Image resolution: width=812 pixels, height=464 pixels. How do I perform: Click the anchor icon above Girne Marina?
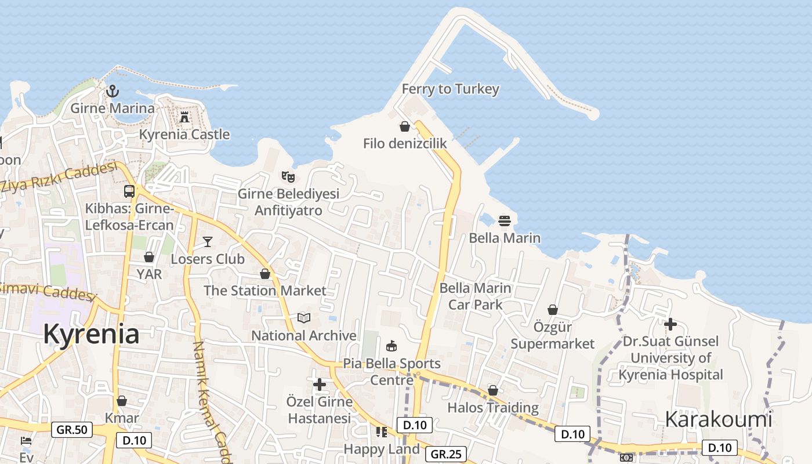click(x=113, y=90)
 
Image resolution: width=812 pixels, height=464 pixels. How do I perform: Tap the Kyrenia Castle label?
click(x=184, y=135)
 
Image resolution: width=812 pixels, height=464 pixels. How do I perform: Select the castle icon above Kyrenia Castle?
click(x=184, y=117)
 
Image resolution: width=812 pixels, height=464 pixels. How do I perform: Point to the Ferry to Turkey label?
click(x=450, y=89)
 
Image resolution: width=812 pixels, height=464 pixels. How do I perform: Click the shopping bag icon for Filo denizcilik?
click(x=405, y=126)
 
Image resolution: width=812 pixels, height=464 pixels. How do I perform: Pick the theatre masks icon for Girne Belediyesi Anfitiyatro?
click(x=288, y=176)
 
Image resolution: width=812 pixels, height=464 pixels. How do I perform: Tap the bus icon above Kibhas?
click(x=129, y=191)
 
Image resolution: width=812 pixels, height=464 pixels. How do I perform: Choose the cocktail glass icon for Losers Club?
click(x=208, y=241)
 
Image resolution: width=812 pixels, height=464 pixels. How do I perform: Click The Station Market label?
click(x=265, y=291)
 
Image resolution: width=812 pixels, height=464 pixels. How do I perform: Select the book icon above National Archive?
click(x=304, y=318)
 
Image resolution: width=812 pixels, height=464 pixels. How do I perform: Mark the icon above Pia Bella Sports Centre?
click(x=392, y=346)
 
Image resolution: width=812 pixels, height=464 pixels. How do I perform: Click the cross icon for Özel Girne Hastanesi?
click(x=320, y=384)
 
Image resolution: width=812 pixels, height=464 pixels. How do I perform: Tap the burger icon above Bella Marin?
click(x=505, y=221)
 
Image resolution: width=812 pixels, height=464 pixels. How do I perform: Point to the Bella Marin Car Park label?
click(x=476, y=296)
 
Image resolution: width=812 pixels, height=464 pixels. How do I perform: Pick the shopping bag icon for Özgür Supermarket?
click(x=553, y=310)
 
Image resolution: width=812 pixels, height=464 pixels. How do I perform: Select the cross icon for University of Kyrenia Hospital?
click(x=670, y=324)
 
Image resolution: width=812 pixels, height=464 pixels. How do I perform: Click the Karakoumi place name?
click(x=718, y=419)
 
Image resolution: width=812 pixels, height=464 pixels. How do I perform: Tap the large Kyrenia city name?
click(x=91, y=335)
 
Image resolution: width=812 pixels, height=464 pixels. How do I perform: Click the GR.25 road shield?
click(x=446, y=454)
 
